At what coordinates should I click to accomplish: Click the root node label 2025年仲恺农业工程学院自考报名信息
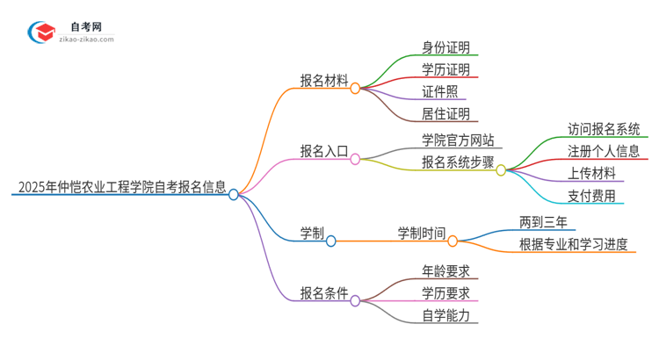tap(119, 187)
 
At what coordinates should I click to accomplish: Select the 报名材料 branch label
tap(323, 80)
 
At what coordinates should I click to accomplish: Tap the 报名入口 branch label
tap(323, 151)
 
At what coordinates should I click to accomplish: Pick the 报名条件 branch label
tap(323, 292)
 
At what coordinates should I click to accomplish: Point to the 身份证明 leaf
tap(445, 47)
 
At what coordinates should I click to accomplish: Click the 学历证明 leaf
tap(445, 69)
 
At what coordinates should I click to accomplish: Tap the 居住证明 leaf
tap(445, 113)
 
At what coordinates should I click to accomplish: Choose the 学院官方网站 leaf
tap(458, 140)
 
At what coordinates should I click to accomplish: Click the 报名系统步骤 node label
tap(458, 162)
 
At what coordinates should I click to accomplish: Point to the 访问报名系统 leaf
tap(604, 129)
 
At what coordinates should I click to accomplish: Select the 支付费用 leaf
tap(591, 195)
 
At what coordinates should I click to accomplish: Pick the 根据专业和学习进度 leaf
tap(574, 244)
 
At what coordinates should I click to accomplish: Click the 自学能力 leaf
tap(445, 314)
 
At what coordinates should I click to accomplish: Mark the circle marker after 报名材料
tap(355, 88)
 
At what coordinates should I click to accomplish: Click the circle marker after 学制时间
tap(453, 240)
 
